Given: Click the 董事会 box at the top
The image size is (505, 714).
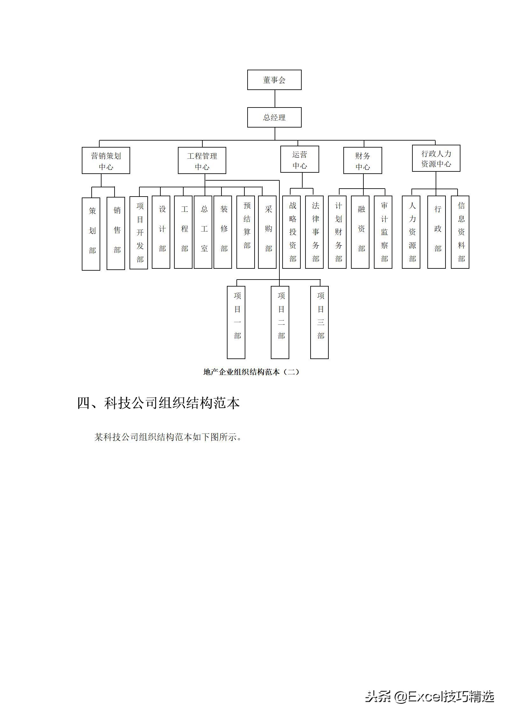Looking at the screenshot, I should [x=274, y=80].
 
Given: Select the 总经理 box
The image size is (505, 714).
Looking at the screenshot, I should [x=274, y=117].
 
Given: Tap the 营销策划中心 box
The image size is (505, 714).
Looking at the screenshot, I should [x=106, y=161].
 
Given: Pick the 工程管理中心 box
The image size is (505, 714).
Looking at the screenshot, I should [x=202, y=161].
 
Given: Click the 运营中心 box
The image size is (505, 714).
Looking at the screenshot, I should [x=300, y=159].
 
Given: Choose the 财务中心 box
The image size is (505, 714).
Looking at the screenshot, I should [x=363, y=161].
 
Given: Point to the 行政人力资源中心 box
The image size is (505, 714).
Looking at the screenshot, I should [x=436, y=158].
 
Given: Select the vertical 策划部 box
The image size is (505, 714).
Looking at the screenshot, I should [x=91, y=234].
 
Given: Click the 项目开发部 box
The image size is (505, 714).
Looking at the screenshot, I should [x=139, y=232].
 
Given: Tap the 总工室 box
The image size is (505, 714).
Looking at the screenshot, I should [x=203, y=232].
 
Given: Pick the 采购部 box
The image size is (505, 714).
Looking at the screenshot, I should [x=267, y=232].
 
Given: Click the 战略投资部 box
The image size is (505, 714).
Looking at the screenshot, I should [x=291, y=232].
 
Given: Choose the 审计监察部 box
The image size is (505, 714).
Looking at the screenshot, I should [x=383, y=232].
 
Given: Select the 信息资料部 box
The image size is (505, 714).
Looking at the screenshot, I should [x=460, y=232].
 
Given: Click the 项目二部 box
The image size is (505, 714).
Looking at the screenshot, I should [x=280, y=322].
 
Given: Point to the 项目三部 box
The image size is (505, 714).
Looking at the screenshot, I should [x=319, y=322].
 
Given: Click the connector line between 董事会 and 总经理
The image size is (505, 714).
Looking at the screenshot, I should [x=275, y=99].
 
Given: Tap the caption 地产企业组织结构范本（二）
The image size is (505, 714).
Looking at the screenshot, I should [x=251, y=372].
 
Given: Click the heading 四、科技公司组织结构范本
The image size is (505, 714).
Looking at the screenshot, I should [x=158, y=403].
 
